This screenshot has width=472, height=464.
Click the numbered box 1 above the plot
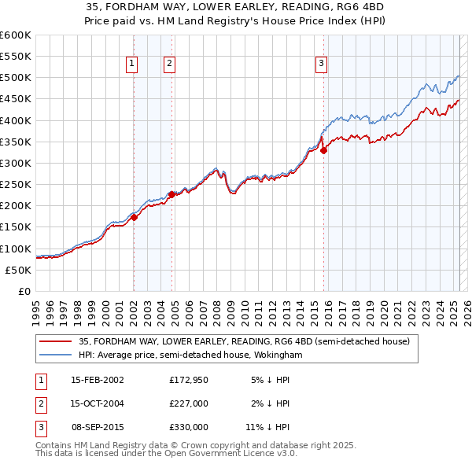click(131, 64)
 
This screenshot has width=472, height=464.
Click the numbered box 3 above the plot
click(322, 64)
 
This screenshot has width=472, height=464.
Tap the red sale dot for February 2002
click(134, 217)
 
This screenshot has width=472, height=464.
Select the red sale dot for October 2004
click(171, 193)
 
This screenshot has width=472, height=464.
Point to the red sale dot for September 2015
click(323, 150)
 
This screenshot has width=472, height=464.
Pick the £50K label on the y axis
click(18, 270)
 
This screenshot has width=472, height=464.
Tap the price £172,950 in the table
click(189, 380)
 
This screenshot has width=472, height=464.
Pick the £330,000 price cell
click(189, 427)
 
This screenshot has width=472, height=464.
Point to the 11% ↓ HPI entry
click(268, 427)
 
